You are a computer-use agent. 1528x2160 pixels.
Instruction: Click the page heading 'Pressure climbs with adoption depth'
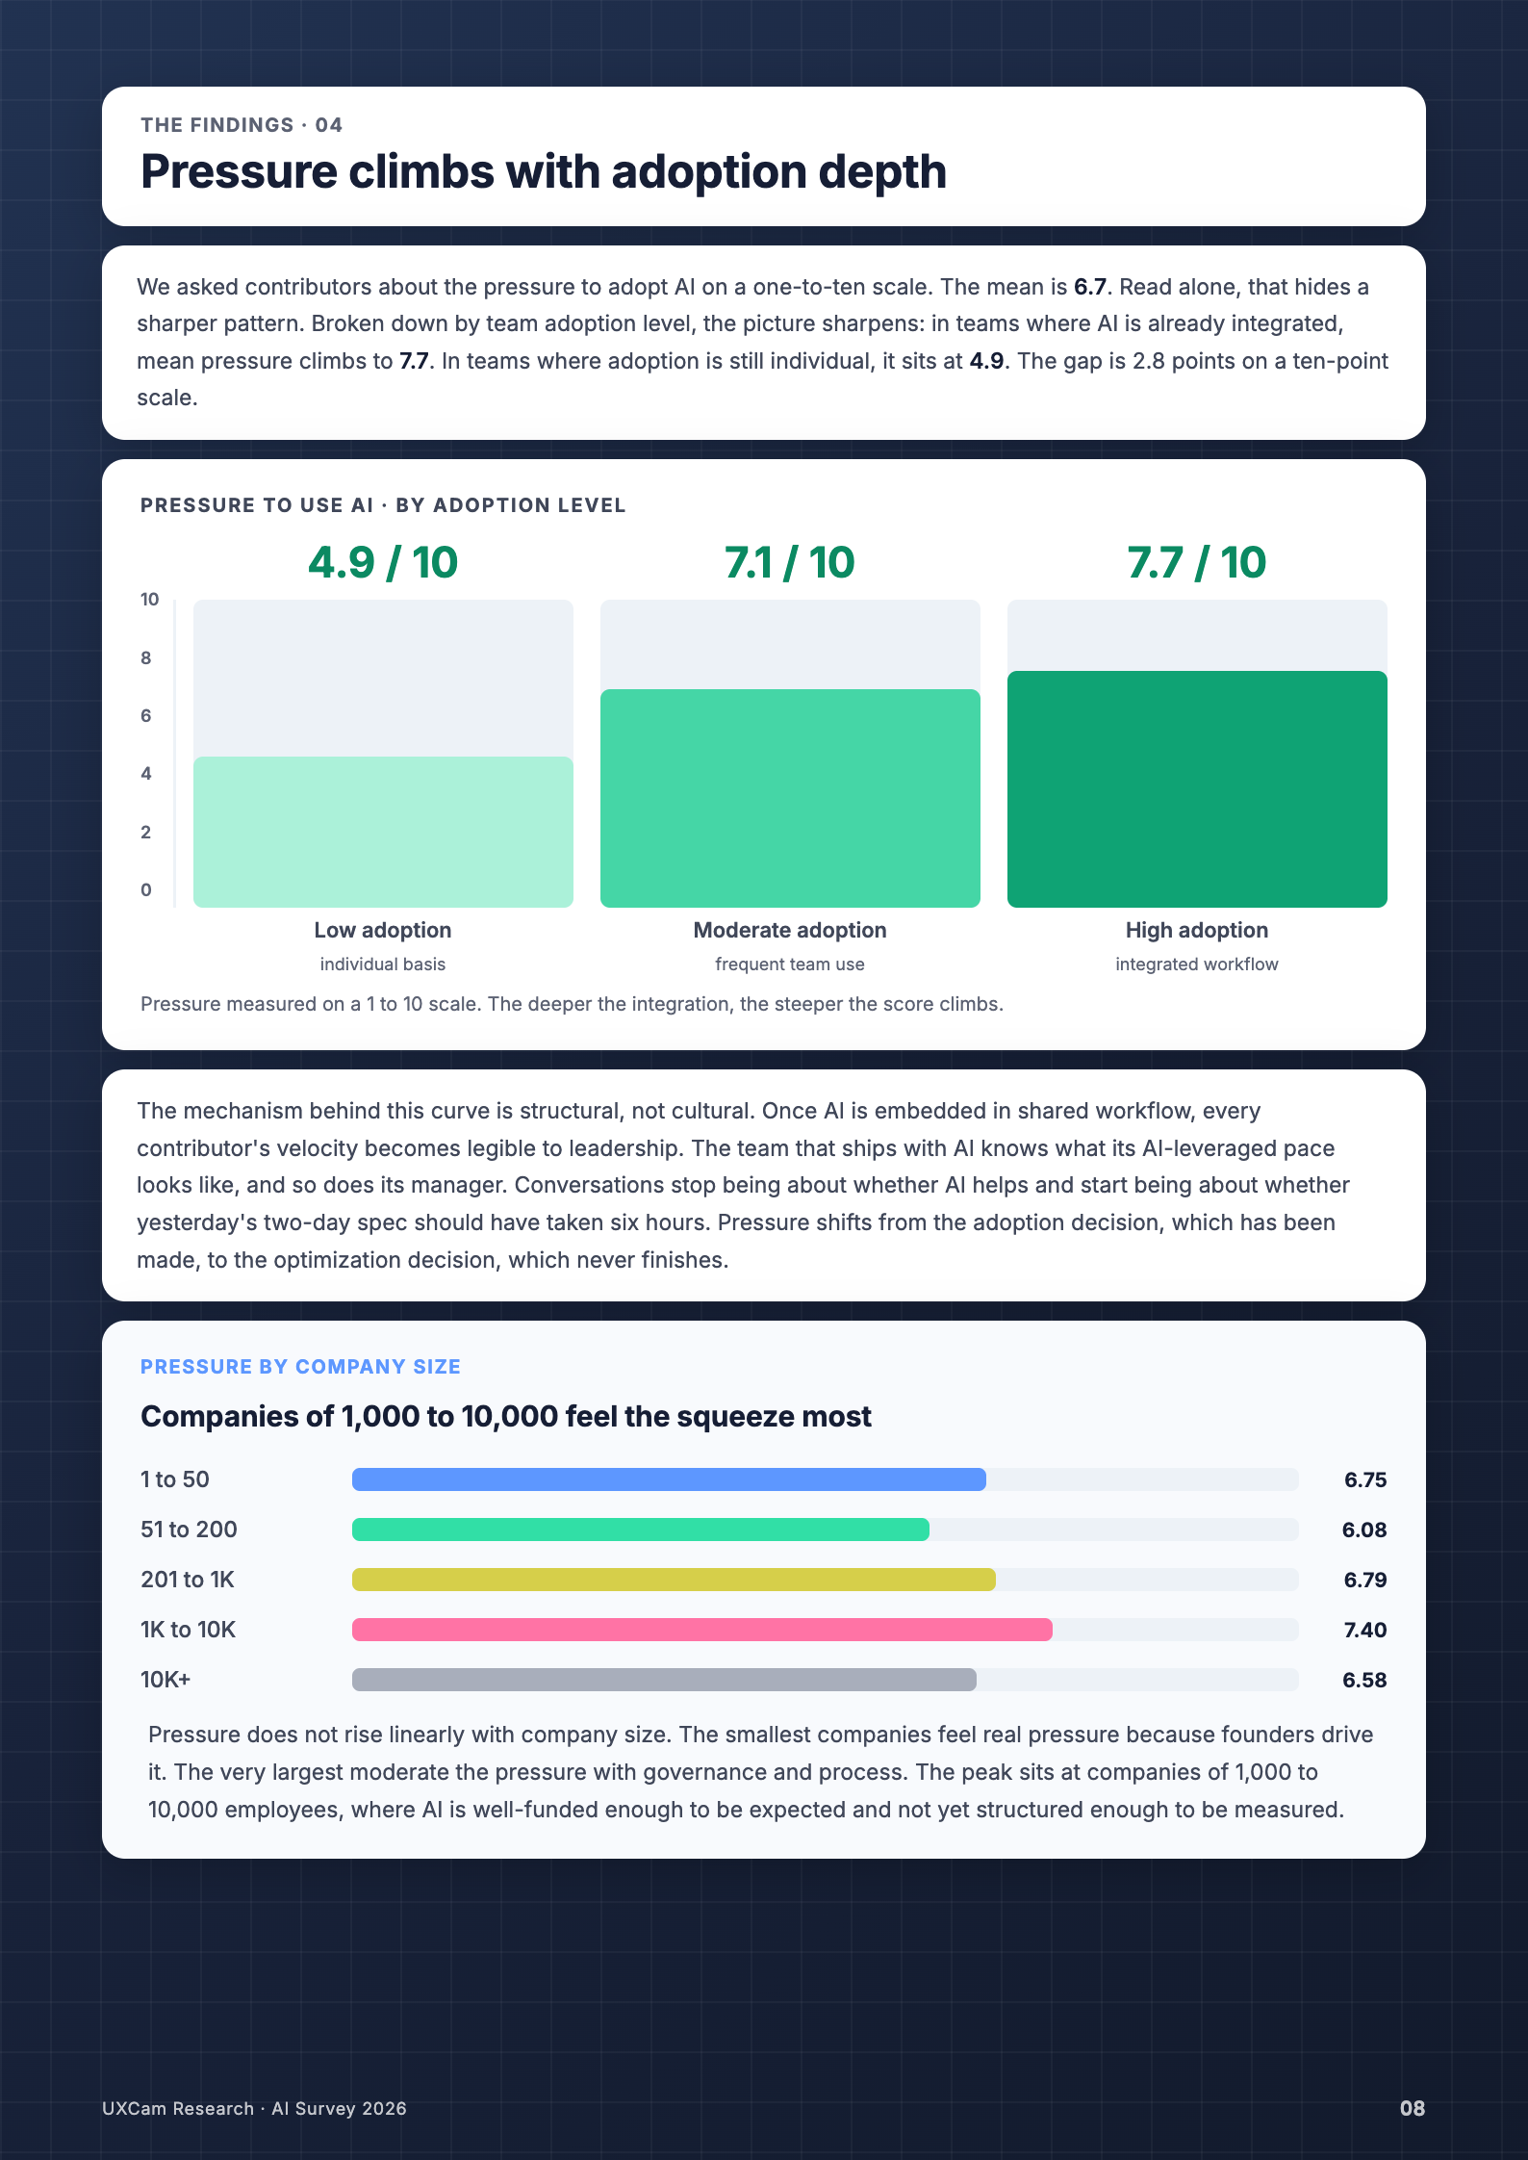tap(544, 172)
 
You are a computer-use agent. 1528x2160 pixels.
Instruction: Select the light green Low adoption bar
tap(383, 832)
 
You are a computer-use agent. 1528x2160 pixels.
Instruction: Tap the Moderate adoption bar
tap(790, 798)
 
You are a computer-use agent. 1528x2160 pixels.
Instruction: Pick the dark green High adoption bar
tap(1197, 789)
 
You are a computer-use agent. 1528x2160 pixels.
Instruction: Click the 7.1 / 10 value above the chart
tap(790, 563)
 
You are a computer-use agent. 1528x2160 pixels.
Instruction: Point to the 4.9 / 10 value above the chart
tap(383, 563)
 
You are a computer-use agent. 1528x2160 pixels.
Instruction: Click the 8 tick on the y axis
tap(146, 658)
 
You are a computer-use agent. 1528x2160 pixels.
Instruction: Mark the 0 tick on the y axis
tap(146, 890)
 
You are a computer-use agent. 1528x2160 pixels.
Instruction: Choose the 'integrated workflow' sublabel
tap(1197, 964)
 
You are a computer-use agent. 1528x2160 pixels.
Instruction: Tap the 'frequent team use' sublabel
tap(790, 964)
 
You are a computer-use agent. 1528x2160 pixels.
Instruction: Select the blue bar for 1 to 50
tap(669, 1479)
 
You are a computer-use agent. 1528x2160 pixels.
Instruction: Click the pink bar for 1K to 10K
tap(702, 1630)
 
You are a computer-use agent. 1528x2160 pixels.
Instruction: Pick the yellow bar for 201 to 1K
tap(674, 1580)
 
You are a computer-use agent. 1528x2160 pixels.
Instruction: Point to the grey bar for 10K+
tap(664, 1680)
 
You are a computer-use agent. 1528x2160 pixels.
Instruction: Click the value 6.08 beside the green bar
tap(1364, 1530)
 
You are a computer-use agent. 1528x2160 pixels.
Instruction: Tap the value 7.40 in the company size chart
tap(1365, 1630)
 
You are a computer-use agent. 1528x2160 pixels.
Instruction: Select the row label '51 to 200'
tap(189, 1530)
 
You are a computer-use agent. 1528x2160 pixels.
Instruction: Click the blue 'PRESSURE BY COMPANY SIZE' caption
tap(300, 1367)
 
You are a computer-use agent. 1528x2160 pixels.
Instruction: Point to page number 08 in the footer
tap(1413, 2108)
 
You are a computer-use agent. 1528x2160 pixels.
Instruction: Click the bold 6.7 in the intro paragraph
tap(1090, 287)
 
